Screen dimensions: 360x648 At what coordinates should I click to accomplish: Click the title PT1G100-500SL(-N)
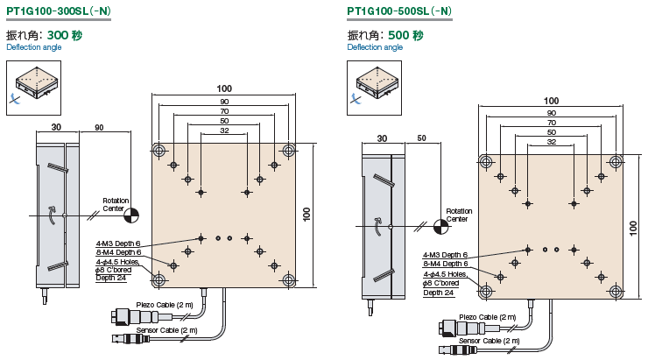(399, 12)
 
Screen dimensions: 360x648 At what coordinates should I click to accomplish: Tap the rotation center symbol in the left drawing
(132, 213)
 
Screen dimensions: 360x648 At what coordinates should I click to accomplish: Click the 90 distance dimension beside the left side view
(99, 128)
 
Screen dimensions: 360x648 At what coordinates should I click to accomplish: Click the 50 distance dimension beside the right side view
(422, 138)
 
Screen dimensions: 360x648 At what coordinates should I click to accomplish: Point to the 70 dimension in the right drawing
(551, 122)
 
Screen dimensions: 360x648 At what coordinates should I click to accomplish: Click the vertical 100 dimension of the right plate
(634, 227)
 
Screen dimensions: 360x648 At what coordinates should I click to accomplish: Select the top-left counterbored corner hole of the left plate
(158, 151)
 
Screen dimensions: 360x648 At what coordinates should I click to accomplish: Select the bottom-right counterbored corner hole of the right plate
(616, 291)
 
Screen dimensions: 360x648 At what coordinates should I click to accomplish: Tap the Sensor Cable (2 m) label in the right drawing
(489, 340)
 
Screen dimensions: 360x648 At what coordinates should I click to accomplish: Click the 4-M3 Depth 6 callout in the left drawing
(118, 244)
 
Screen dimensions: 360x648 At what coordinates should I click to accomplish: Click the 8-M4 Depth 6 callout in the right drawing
(446, 264)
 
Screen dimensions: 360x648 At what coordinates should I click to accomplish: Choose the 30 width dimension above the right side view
(382, 138)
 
